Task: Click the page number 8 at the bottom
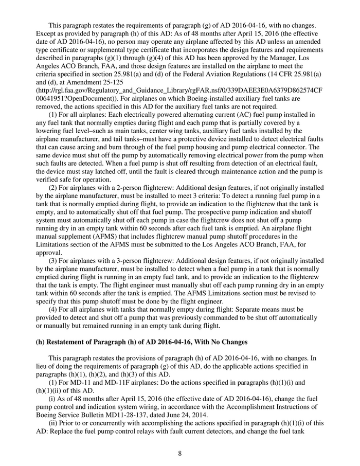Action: pyautogui.click(x=180, y=453)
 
